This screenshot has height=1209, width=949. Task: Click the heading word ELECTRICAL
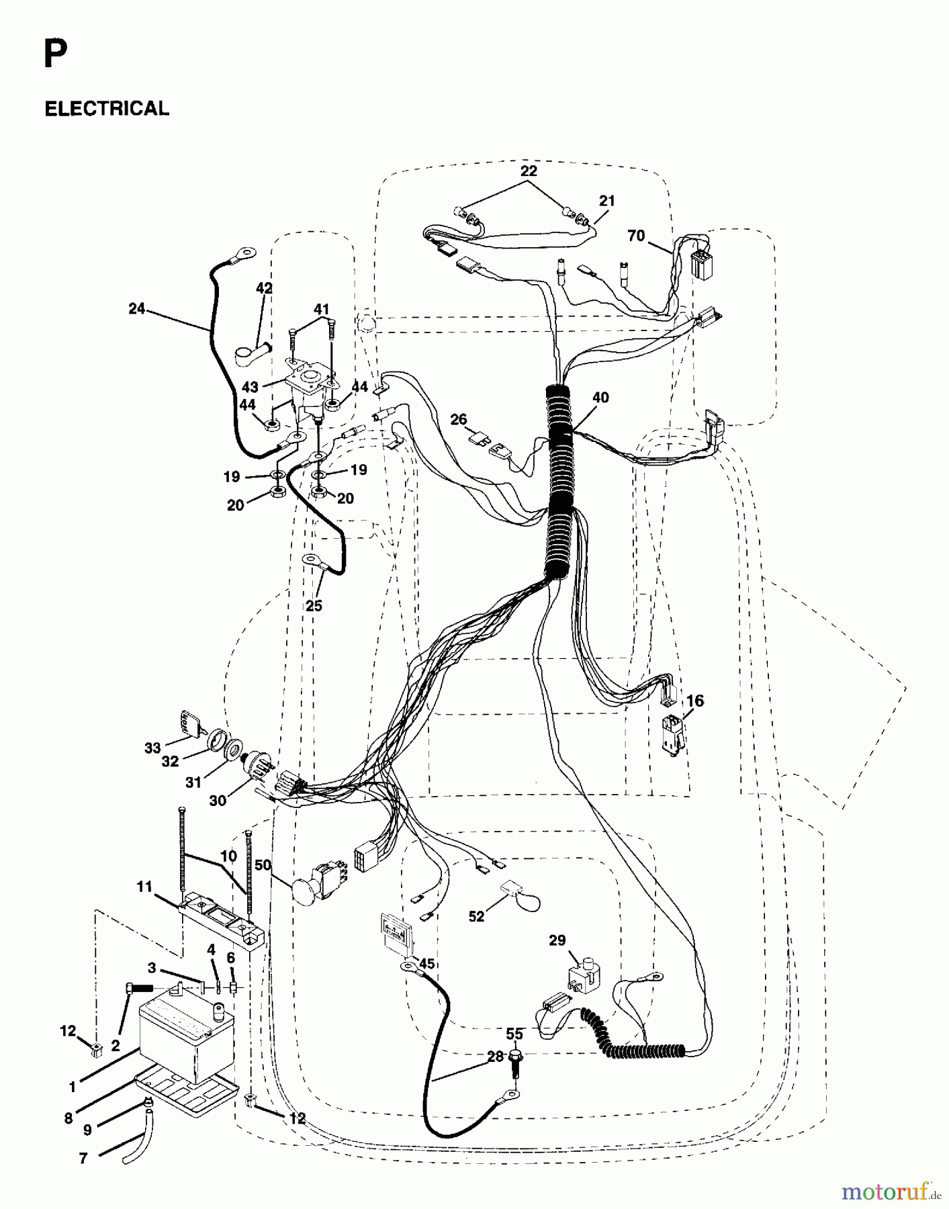[107, 109]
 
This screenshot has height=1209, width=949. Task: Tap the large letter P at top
[55, 55]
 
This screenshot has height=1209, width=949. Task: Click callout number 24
[137, 309]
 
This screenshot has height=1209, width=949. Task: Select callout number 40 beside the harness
[600, 398]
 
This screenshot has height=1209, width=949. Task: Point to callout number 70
[635, 236]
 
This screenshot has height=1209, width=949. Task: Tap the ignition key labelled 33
[187, 724]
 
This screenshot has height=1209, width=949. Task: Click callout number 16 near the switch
[694, 701]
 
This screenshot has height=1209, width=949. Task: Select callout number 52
[476, 917]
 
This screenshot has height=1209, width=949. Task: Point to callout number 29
[557, 940]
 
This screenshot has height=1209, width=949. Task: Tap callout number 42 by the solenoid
[264, 288]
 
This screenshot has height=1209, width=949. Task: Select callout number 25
[314, 606]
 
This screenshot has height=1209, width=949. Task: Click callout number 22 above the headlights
[529, 171]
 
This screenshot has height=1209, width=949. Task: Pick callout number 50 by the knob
[263, 866]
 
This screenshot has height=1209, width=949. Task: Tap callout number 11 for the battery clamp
[144, 887]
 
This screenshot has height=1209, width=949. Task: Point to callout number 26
[459, 420]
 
